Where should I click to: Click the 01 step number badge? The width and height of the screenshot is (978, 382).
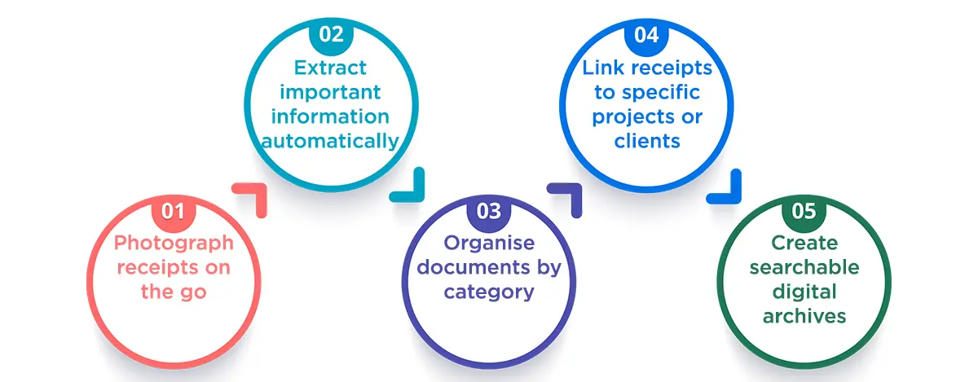coord(173,212)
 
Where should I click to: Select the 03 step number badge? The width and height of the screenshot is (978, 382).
coord(488,212)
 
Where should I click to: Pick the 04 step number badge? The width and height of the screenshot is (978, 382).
coord(645,36)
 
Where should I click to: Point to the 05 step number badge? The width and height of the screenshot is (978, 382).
coord(804,212)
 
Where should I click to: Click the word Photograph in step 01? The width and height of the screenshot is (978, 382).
coord(173,242)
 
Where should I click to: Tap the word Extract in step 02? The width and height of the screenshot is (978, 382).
coord(329,67)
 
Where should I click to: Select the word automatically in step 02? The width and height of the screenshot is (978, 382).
coord(330,140)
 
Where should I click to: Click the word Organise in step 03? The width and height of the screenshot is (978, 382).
coord(489,242)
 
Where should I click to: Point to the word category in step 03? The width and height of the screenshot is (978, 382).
coord(489,291)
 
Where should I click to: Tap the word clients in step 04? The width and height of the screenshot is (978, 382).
coord(647,140)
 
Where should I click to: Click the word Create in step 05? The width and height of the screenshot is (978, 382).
coord(804,242)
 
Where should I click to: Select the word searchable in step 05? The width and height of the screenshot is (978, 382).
coord(804,266)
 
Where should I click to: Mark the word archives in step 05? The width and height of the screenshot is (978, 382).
coord(804,315)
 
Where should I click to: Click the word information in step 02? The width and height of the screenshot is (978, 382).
coord(330,116)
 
